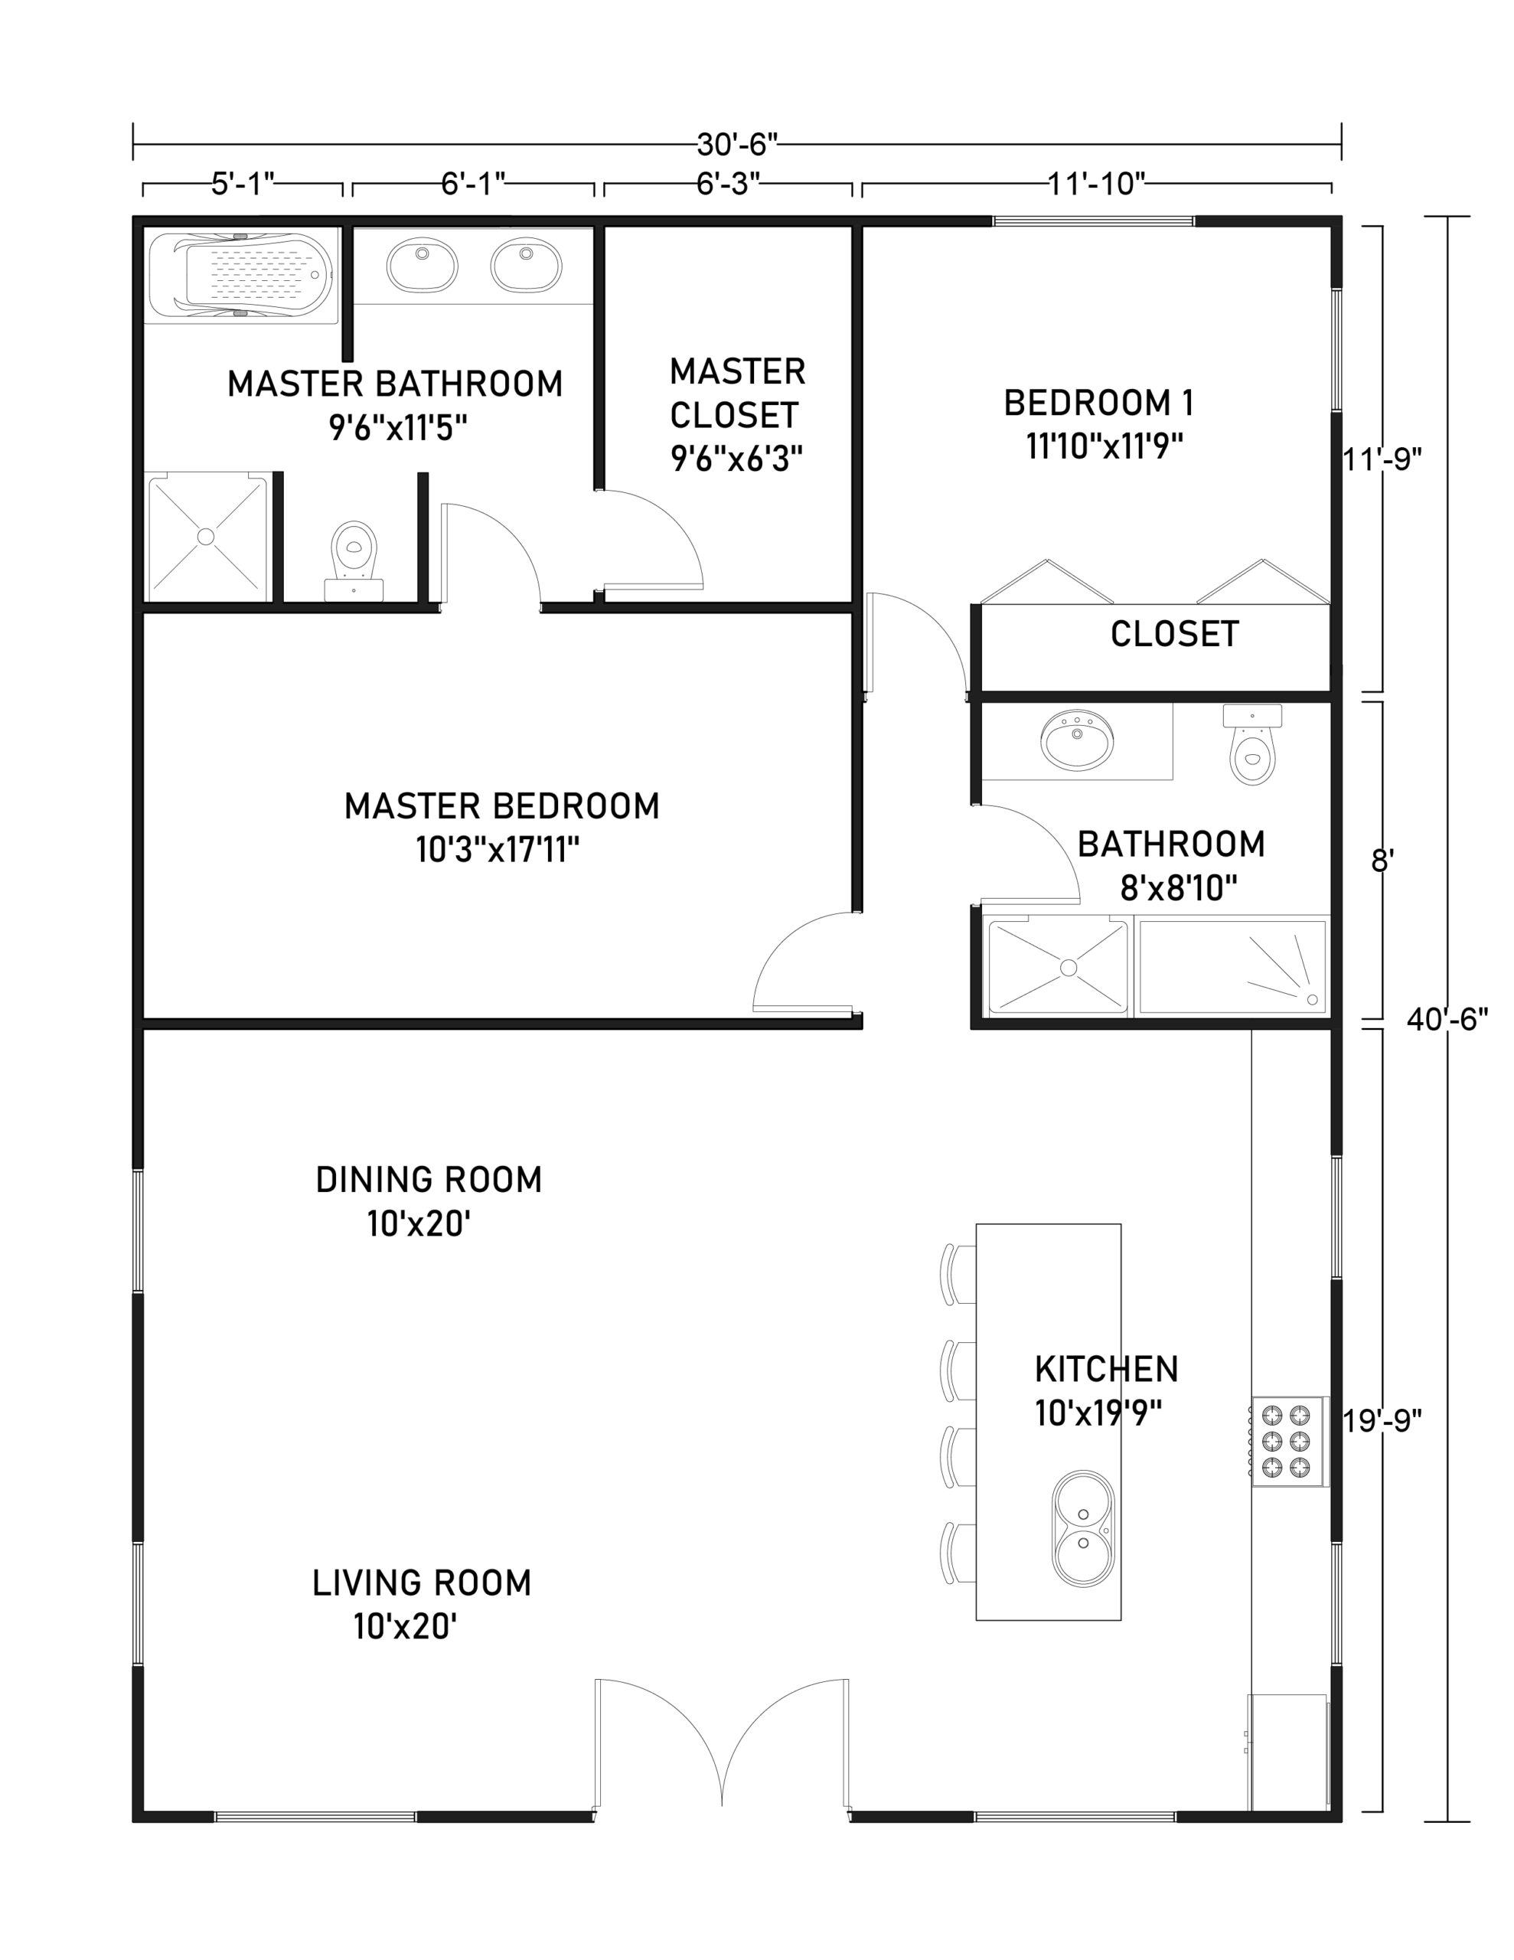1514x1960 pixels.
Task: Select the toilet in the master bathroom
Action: point(354,558)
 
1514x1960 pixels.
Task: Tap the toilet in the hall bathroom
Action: point(1253,746)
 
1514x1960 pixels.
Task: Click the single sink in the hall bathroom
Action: point(1077,740)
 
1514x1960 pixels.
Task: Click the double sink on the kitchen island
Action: point(1083,1528)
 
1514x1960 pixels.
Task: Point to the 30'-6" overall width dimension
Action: point(737,144)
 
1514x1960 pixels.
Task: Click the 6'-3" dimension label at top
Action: point(728,183)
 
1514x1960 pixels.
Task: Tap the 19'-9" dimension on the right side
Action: point(1382,1421)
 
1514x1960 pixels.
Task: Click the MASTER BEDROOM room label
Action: point(501,806)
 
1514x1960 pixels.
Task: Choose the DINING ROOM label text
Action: point(429,1179)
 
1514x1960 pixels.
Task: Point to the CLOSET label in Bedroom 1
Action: point(1174,634)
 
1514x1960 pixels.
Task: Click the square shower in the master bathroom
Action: point(207,537)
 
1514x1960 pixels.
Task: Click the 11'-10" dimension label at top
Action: point(1097,183)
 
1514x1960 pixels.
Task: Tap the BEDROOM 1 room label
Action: point(1098,403)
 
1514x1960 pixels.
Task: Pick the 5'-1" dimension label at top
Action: point(243,184)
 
